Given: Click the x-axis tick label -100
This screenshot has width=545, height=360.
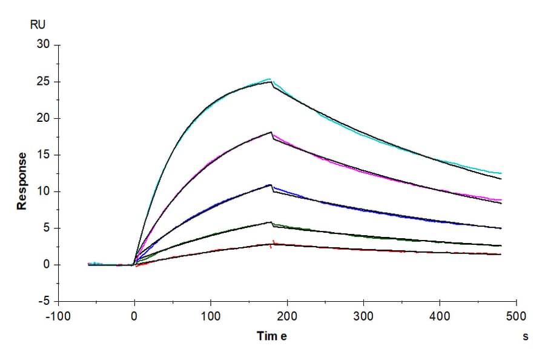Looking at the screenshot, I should [x=58, y=316].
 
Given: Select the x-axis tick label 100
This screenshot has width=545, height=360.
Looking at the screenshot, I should [x=211, y=316].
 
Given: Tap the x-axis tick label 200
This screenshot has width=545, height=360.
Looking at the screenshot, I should [x=287, y=316].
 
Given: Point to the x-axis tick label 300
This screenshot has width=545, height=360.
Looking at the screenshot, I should [x=363, y=316].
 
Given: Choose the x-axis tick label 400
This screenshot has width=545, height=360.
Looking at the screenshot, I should [x=440, y=316].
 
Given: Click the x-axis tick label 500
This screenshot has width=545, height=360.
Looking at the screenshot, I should [x=516, y=316].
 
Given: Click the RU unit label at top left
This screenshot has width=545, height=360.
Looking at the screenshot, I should [x=38, y=25].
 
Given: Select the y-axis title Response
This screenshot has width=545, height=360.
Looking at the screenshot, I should [x=22, y=181].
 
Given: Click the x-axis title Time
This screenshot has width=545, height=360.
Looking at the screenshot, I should [x=272, y=336].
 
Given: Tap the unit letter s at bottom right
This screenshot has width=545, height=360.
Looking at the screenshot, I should [x=526, y=337].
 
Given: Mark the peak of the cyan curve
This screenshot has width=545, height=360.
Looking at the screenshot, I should [x=270, y=79].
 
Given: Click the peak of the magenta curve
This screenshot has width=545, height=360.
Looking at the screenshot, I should [x=271, y=133].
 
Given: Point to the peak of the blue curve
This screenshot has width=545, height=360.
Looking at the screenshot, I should [x=271, y=185].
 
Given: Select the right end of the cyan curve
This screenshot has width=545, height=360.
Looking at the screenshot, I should [x=501, y=173].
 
